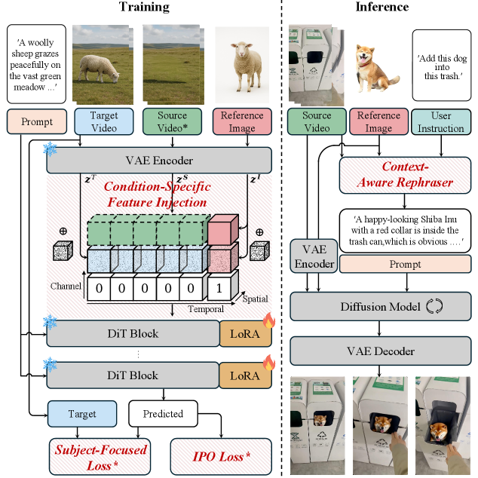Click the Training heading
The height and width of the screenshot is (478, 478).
pyautogui.click(x=143, y=8)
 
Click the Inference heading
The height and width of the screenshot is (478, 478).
pyautogui.click(x=381, y=8)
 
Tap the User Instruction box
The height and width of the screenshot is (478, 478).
pyautogui.click(x=441, y=122)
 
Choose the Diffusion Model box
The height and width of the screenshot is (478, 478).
pyautogui.click(x=381, y=307)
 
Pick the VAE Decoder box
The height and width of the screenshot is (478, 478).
pyautogui.click(x=381, y=351)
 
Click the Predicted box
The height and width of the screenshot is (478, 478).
pyautogui.click(x=163, y=413)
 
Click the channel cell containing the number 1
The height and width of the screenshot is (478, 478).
pyautogui.click(x=219, y=287)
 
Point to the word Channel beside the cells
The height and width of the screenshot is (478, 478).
pyautogui.click(x=66, y=287)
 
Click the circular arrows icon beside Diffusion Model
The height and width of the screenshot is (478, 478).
pyautogui.click(x=434, y=307)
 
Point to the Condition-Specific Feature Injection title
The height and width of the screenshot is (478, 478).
pyautogui.click(x=157, y=194)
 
